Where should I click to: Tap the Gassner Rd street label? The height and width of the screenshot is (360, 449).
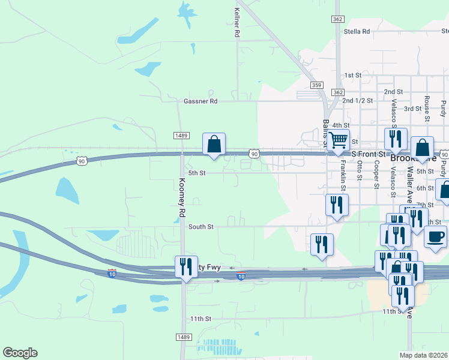click(x=200, y=101)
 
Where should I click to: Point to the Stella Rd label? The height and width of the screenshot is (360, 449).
click(x=357, y=31)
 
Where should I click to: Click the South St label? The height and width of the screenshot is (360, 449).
click(x=200, y=227)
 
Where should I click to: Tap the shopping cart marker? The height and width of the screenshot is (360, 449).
click(x=339, y=140)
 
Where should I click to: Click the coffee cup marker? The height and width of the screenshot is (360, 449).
click(x=435, y=235)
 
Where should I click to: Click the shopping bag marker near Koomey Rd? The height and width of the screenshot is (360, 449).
click(x=214, y=145)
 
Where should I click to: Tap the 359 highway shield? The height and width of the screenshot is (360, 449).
click(x=318, y=85)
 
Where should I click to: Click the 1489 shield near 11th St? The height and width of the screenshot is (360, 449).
click(x=184, y=338)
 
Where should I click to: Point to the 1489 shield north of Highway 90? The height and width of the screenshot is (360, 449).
click(x=181, y=136)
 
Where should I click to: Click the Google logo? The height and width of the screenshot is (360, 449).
click(x=20, y=353)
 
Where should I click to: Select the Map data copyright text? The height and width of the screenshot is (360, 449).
click(x=424, y=355)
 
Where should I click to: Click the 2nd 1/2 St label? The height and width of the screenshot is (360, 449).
click(x=358, y=101)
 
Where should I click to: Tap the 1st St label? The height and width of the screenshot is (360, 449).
click(x=352, y=76)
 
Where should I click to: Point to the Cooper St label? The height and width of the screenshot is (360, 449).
click(x=376, y=174)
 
